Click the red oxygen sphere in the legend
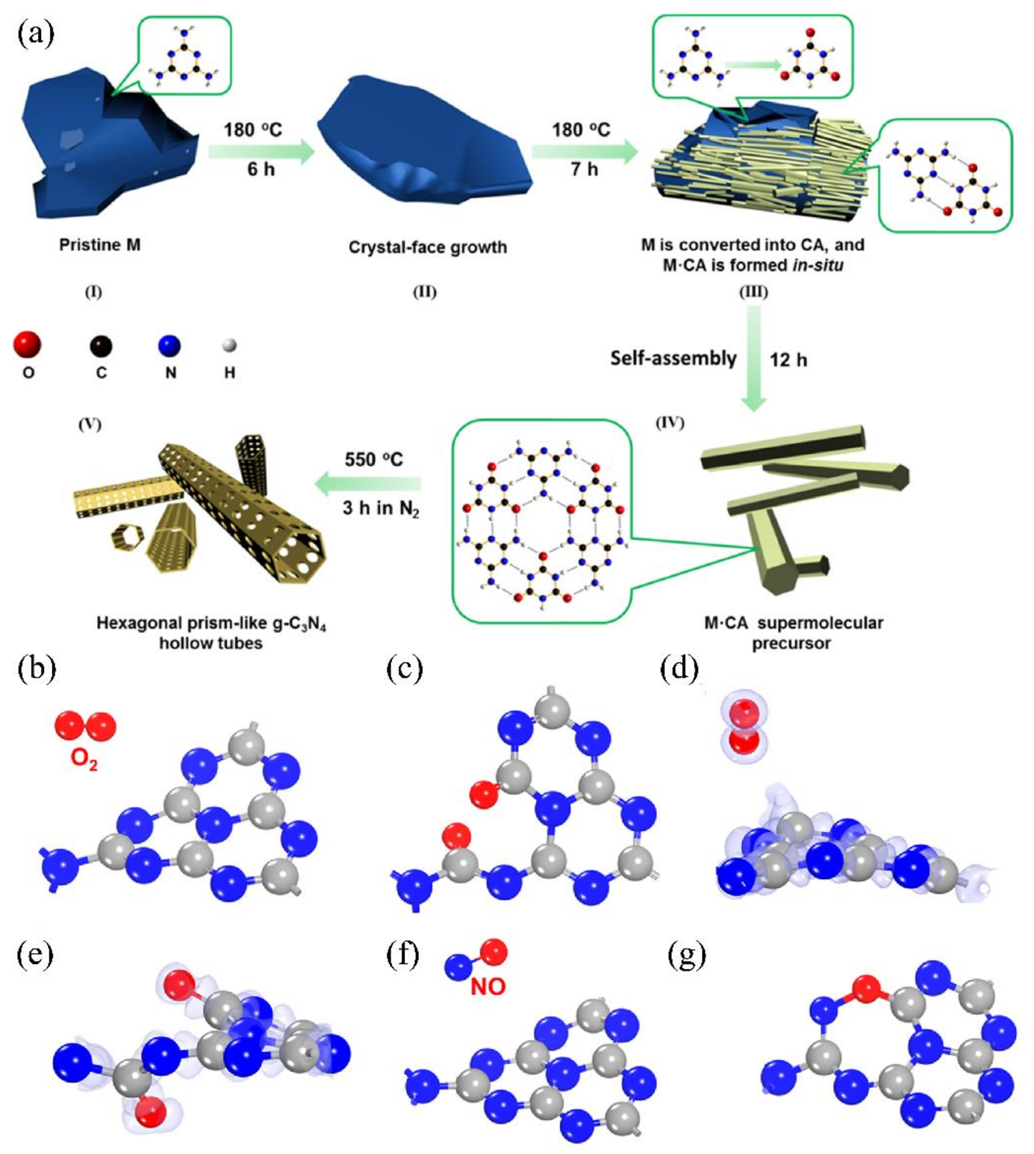pos(27,345)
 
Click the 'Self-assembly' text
pos(673,358)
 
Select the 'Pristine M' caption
pos(100,246)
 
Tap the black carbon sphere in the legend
pos(101,345)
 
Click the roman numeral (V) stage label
pos(90,424)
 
